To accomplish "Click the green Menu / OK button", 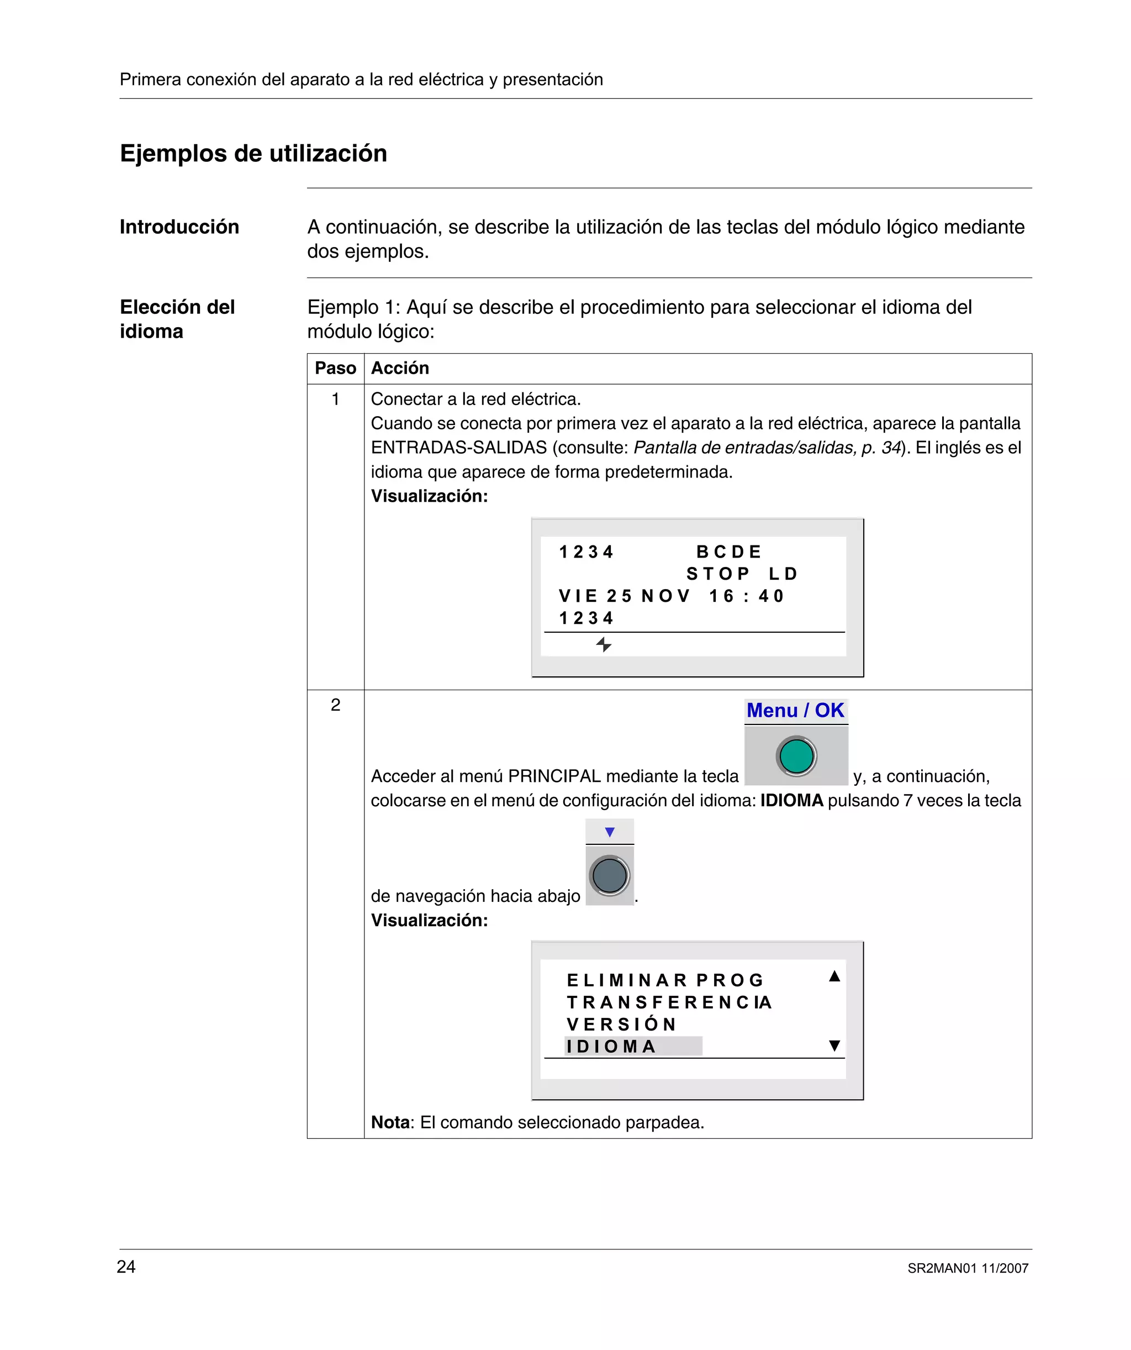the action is pyautogui.click(x=796, y=756).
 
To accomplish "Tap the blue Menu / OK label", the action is pyautogui.click(x=796, y=710).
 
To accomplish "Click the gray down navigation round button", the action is pyautogui.click(x=609, y=875).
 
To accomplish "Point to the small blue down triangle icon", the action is pyautogui.click(x=610, y=832).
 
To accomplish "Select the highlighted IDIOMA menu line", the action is pyautogui.click(x=633, y=1047).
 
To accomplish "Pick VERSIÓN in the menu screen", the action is pyautogui.click(x=621, y=1024).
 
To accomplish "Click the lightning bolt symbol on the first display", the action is pyautogui.click(x=604, y=644).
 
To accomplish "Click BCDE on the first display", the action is pyautogui.click(x=729, y=551).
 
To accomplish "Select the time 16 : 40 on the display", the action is pyautogui.click(x=746, y=596).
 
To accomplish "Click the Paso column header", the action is pyautogui.click(x=335, y=369).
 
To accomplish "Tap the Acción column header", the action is pyautogui.click(x=400, y=369).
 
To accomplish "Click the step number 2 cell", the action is pyautogui.click(x=335, y=705).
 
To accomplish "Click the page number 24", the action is pyautogui.click(x=126, y=1267).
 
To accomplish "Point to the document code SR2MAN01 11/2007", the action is pyautogui.click(x=968, y=1268).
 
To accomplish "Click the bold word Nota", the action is pyautogui.click(x=390, y=1122).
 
